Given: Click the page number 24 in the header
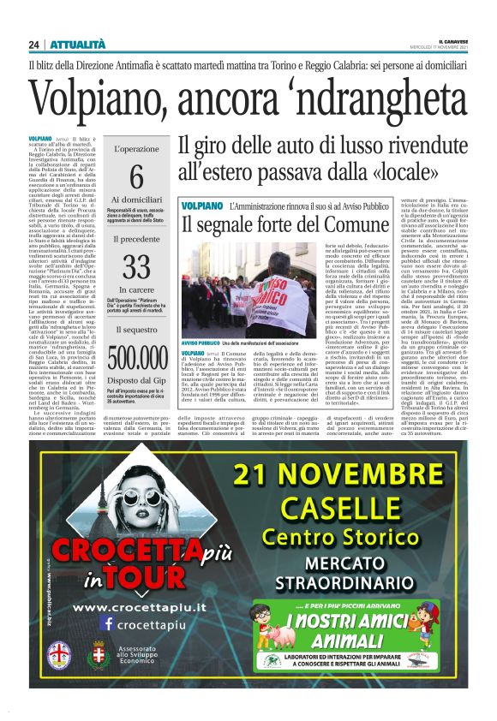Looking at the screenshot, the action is click(x=33, y=45).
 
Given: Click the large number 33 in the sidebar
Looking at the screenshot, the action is click(x=136, y=268).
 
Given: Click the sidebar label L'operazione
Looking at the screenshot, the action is click(x=136, y=147).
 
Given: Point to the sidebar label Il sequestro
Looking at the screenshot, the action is click(x=136, y=329).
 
